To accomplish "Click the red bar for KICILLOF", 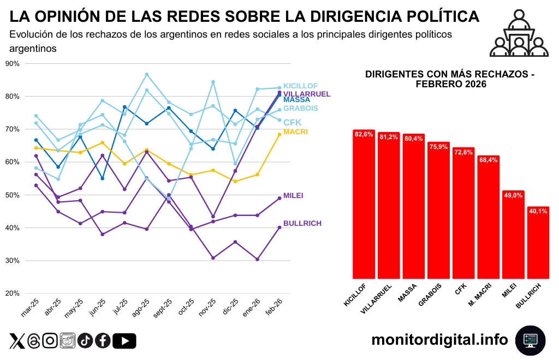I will point(364,205).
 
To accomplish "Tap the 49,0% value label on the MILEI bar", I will point(513,196).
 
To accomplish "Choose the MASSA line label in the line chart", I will point(296,100).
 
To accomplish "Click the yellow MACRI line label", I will point(295,132).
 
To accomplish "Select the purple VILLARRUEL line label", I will point(307,94).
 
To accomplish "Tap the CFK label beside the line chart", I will point(292,122).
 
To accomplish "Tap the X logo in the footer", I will point(17,341).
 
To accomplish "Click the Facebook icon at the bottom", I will point(103,340).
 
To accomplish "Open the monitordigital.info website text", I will point(439,340).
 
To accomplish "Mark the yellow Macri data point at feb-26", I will point(279,134).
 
